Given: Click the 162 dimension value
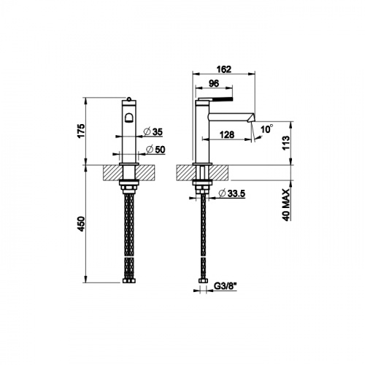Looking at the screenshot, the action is [x=224, y=69].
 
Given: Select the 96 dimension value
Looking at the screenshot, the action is [x=214, y=83].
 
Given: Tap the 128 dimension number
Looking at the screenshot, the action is [x=227, y=134].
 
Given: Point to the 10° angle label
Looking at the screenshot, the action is [x=266, y=128].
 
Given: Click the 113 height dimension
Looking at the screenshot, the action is [x=286, y=143].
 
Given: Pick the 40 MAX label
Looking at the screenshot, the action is [x=286, y=204].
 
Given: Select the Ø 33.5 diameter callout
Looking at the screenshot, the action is [x=232, y=193].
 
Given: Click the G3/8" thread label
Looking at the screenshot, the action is [x=226, y=286].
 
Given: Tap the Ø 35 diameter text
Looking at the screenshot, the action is [x=153, y=132].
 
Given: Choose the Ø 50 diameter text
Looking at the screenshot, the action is [x=155, y=150].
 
